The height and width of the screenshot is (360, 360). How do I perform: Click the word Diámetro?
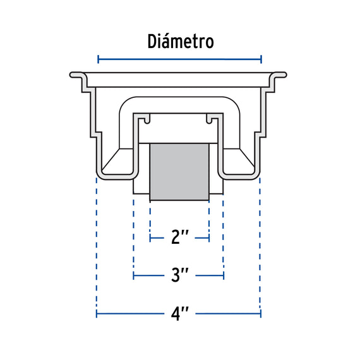[x=181, y=42]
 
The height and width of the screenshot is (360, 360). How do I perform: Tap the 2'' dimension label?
[x=180, y=237]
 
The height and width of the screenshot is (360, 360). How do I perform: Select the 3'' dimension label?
[x=180, y=275]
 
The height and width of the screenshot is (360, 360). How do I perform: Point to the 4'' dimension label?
[x=180, y=313]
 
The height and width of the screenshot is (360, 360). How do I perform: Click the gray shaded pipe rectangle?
[x=179, y=172]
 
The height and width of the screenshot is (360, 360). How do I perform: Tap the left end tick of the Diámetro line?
[x=99, y=59]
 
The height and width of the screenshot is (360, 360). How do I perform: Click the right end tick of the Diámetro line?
[x=261, y=59]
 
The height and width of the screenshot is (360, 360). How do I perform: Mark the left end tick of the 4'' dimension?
[x=97, y=314]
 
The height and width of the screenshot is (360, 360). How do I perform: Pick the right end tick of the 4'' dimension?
[x=261, y=314]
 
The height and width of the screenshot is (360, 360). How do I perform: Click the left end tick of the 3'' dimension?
[x=134, y=275]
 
